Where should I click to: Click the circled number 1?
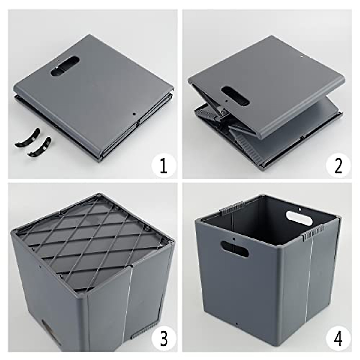(163, 166)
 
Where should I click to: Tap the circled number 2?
(338, 166)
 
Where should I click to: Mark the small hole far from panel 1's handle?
(134, 114)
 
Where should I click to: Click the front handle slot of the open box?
(235, 249)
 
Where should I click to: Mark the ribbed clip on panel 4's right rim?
(313, 234)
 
